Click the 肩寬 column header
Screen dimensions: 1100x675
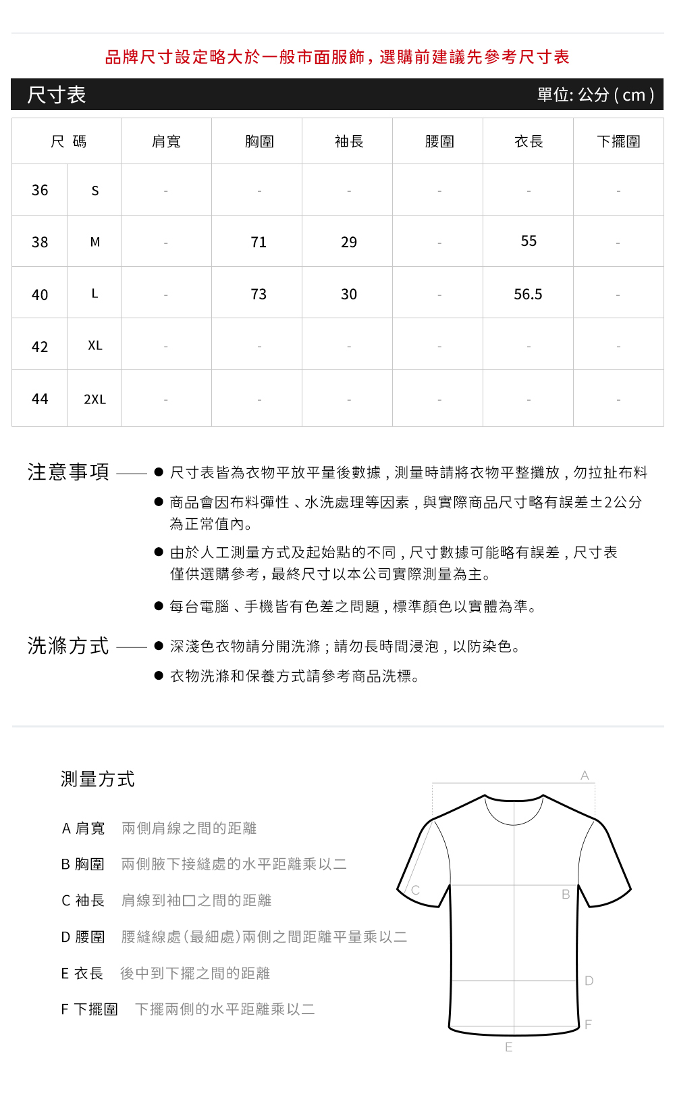coord(166,141)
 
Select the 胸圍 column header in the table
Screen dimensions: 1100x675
coord(259,141)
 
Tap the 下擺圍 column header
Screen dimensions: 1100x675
coord(618,141)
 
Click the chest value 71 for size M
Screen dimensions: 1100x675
coord(259,242)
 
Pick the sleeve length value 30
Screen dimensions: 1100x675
coord(349,294)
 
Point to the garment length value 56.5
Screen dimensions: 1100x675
coord(528,294)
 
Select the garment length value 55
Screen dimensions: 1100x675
coord(529,241)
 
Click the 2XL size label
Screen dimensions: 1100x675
coord(94,399)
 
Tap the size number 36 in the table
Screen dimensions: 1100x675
coord(40,191)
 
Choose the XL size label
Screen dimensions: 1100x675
coord(95,345)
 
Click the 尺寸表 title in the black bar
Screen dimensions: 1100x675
coord(57,95)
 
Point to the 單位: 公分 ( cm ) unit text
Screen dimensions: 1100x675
coord(595,95)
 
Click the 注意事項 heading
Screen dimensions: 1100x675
coord(68,472)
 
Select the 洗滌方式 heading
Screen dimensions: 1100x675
coord(68,646)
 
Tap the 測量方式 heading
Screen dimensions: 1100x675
coord(98,779)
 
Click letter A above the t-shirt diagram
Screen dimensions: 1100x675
coord(585,776)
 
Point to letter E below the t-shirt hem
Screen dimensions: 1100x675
coord(509,1047)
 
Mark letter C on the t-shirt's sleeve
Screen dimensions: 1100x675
coord(416,890)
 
